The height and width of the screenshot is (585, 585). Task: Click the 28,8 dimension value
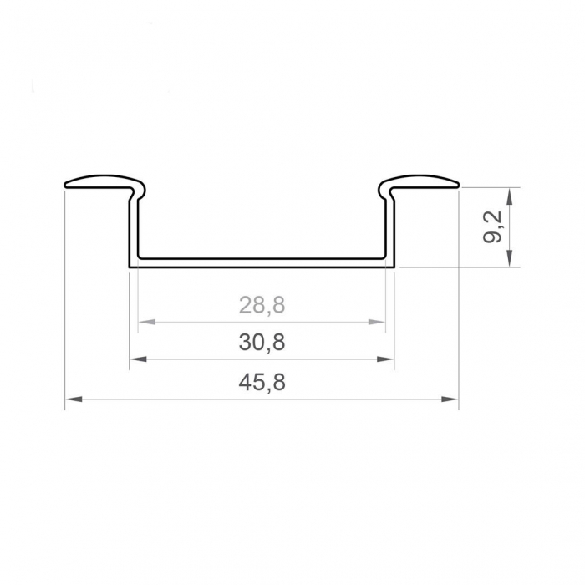pyautogui.click(x=262, y=305)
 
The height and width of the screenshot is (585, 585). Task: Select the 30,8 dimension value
pyautogui.click(x=262, y=342)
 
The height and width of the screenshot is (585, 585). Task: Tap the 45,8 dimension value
pyautogui.click(x=262, y=383)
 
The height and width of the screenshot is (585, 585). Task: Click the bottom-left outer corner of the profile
pyautogui.click(x=130, y=267)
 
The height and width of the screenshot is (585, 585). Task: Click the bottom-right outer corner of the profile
pyautogui.click(x=394, y=267)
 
